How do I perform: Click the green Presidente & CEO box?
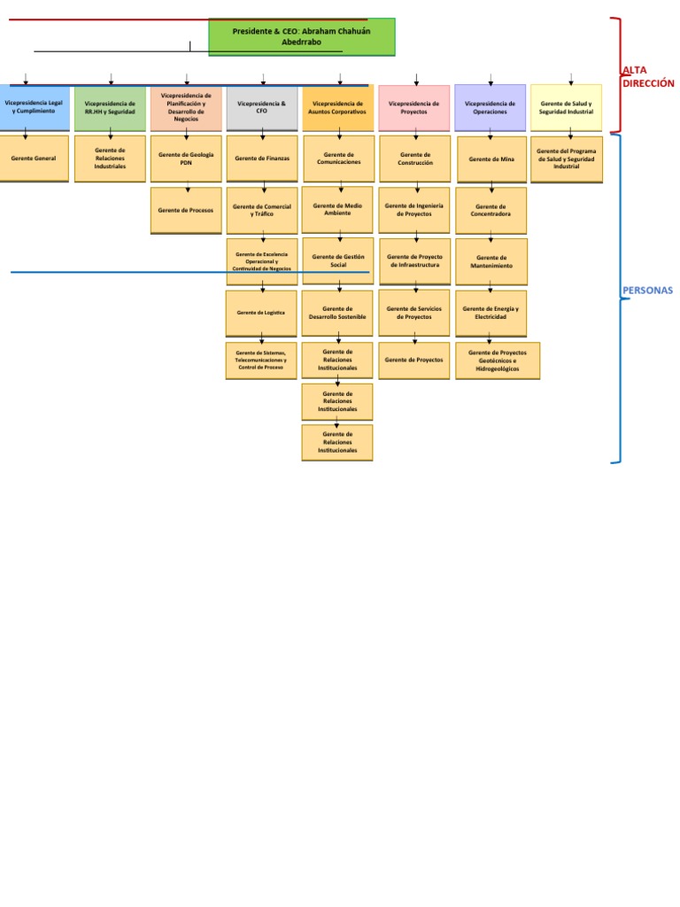(x=302, y=36)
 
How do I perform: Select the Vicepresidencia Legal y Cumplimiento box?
(x=34, y=107)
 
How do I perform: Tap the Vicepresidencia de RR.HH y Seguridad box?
(x=110, y=107)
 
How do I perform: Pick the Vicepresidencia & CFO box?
(x=262, y=107)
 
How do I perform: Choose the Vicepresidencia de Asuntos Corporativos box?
(x=337, y=107)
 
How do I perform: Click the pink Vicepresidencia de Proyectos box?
(x=413, y=107)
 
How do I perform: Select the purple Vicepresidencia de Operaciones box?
(x=490, y=107)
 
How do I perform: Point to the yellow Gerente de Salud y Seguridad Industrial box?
(x=566, y=107)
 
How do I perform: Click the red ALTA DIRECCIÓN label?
(x=648, y=76)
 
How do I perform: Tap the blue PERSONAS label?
(x=648, y=290)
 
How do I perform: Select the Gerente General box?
(x=34, y=159)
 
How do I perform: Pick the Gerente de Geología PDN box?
(x=186, y=159)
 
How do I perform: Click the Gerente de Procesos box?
(x=186, y=210)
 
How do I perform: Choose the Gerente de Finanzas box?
(x=262, y=159)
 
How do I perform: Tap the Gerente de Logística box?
(x=262, y=313)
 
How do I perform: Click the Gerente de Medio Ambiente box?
(x=337, y=209)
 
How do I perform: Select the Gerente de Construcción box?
(x=413, y=159)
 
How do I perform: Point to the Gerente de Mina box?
(x=491, y=159)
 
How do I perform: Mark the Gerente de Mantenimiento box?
(x=491, y=261)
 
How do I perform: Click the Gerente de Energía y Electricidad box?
(x=491, y=313)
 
